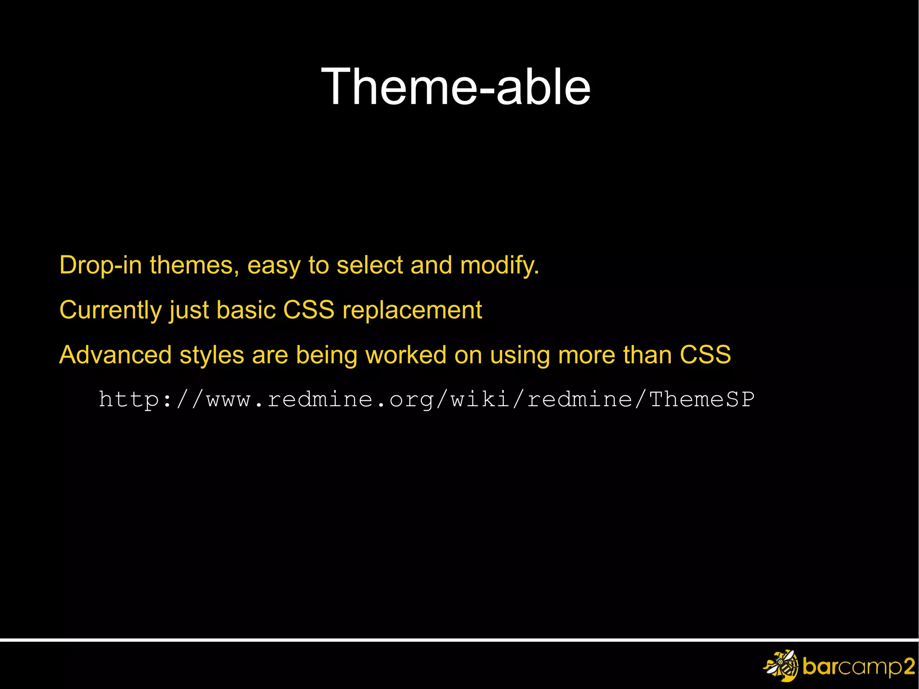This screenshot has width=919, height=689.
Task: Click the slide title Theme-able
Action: pos(455,87)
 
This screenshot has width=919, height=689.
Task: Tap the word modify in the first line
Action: pos(499,265)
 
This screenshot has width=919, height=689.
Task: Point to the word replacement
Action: pos(412,310)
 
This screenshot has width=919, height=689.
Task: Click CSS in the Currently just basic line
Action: pos(309,310)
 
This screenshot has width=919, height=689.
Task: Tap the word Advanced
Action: pos(115,355)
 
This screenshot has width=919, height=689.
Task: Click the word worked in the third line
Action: pos(406,355)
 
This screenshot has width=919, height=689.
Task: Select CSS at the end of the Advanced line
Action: pos(705,355)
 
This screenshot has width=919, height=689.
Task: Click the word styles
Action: pos(211,355)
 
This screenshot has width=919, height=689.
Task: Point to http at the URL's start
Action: pos(128,399)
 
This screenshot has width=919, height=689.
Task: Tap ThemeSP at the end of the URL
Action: pos(701,399)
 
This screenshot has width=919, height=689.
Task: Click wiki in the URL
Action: pos(480,399)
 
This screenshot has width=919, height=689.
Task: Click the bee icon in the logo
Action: pos(781,665)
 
